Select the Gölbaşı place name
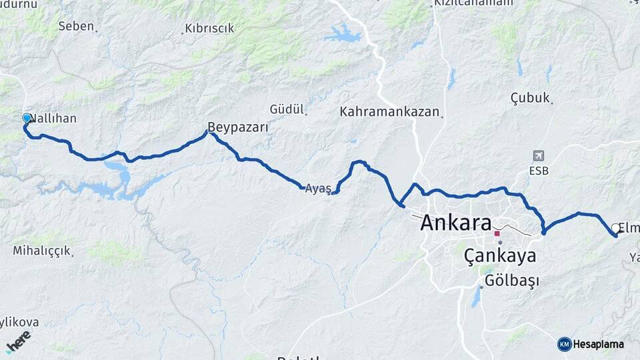(512, 281)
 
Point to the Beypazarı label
(238, 127)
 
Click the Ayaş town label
(317, 189)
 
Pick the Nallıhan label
(55, 119)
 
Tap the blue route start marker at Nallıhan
(27, 118)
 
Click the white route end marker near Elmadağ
(615, 229)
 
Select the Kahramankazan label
(390, 111)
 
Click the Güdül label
(287, 109)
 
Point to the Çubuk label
(530, 98)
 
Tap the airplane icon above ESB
(539, 155)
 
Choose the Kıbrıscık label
(208, 28)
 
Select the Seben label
(75, 27)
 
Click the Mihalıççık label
(41, 251)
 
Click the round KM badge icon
(564, 344)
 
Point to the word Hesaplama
(599, 344)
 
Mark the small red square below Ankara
(497, 233)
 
